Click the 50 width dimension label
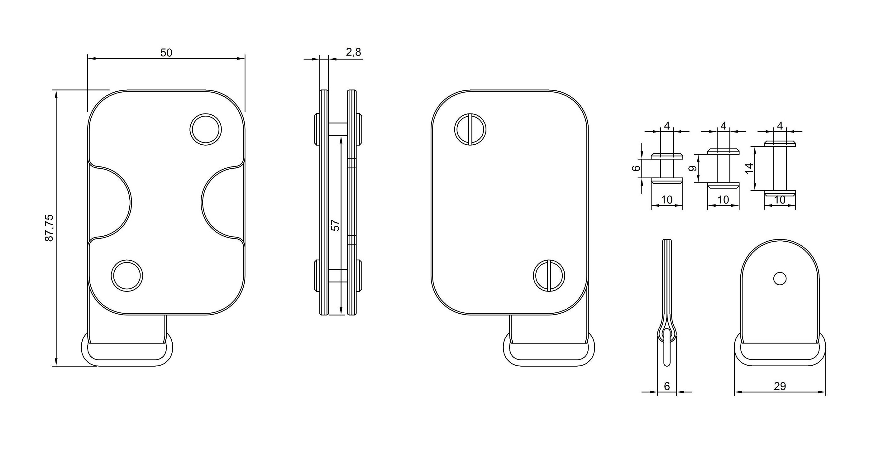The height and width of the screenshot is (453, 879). click(166, 53)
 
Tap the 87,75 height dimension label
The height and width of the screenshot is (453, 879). click(50, 228)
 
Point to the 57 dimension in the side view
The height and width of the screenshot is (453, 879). click(336, 225)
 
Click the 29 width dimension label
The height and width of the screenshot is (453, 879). click(780, 386)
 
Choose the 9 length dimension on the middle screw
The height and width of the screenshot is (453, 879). click(692, 168)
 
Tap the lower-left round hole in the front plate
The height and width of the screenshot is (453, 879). click(127, 276)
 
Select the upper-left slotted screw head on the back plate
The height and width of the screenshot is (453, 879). click(470, 129)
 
